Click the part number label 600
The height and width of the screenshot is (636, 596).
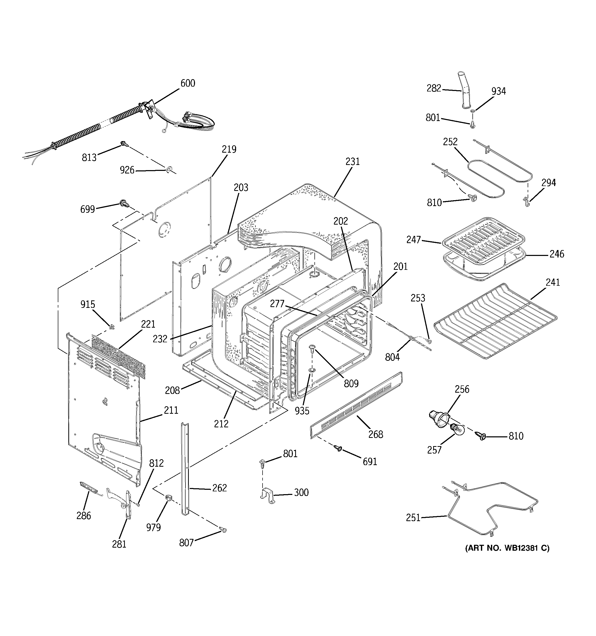point(188,83)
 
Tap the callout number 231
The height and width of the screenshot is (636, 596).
point(352,162)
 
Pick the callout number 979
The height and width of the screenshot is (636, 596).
point(154,527)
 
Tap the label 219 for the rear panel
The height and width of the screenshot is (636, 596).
point(229,149)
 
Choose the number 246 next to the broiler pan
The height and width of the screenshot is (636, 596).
point(557,254)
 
